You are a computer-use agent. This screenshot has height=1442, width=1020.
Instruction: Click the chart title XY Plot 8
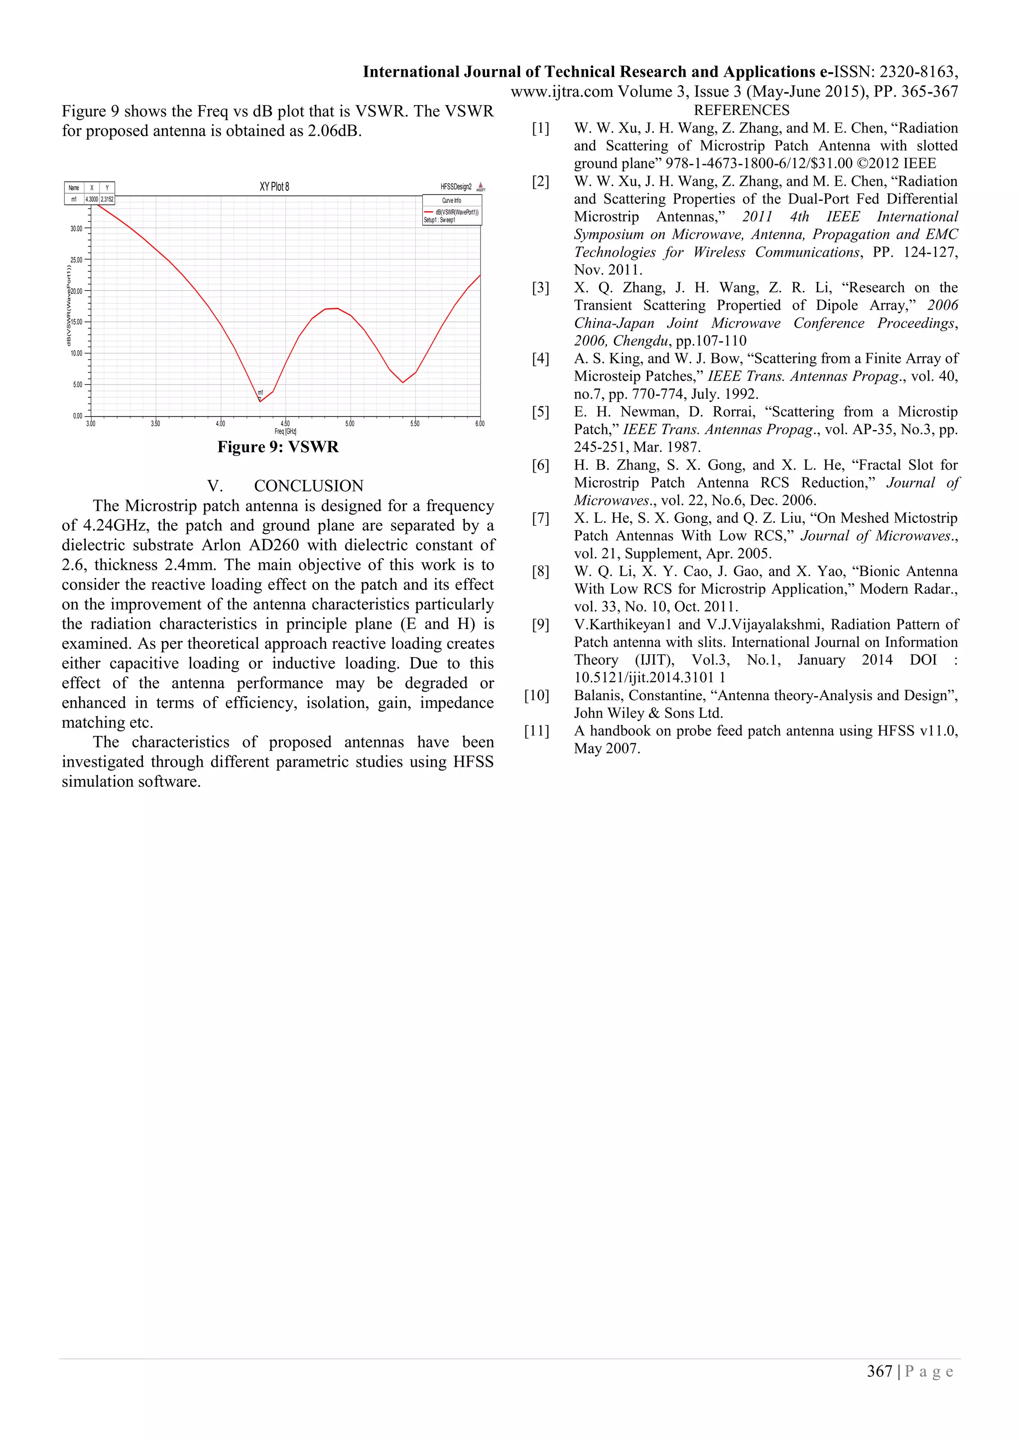pos(274,187)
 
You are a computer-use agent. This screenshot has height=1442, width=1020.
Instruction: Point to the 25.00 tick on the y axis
pos(77,260)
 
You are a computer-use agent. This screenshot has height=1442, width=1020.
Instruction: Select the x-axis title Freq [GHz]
pos(285,432)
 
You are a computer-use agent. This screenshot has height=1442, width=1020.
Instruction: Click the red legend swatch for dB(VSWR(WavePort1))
pos(428,212)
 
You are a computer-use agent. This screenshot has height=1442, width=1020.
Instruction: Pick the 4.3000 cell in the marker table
pos(92,200)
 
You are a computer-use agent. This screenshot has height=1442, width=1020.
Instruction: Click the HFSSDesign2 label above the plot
pos(456,187)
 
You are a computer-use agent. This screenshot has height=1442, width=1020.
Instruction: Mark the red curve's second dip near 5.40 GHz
pos(402,382)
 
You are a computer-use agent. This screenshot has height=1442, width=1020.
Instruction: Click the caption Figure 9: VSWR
pos(277,447)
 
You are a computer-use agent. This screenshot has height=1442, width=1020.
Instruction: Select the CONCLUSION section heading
pos(308,486)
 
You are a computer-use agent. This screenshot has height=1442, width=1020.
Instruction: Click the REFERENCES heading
pos(741,111)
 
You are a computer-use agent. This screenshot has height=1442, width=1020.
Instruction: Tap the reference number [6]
pos(540,466)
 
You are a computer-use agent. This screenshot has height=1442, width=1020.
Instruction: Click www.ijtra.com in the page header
pos(561,92)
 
